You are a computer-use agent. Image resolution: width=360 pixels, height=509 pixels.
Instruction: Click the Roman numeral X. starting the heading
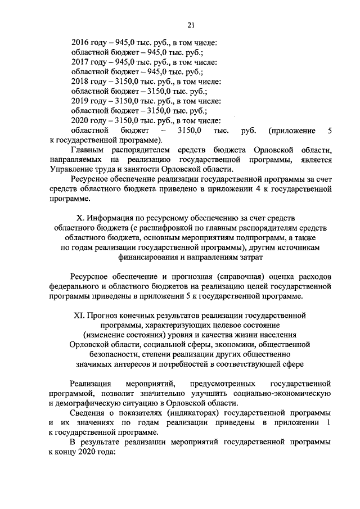pyautogui.click(x=80, y=218)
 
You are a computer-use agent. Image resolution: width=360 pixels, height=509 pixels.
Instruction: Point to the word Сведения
pyautogui.click(x=88, y=414)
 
